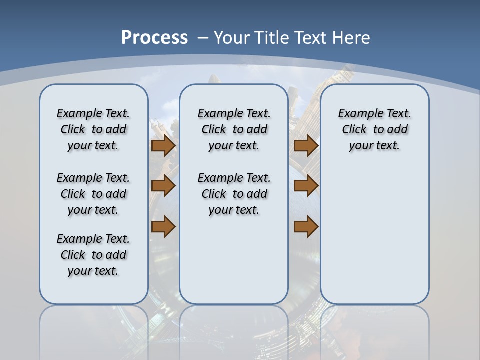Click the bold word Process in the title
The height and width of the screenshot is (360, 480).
click(x=154, y=37)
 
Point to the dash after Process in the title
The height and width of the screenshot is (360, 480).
click(x=203, y=38)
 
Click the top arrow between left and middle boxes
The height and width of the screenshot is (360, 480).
click(x=163, y=146)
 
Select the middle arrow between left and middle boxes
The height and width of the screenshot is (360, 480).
click(x=163, y=186)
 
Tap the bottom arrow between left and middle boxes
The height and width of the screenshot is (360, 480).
click(x=163, y=227)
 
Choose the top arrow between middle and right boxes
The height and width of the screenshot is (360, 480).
click(x=306, y=146)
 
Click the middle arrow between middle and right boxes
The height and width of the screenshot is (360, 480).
click(x=306, y=186)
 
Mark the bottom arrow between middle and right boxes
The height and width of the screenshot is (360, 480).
click(x=306, y=227)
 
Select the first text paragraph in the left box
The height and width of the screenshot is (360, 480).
click(x=93, y=129)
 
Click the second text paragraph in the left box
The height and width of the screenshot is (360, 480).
click(x=93, y=194)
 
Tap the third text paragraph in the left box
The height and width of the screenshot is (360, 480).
click(x=93, y=255)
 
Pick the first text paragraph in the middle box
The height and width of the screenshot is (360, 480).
click(x=234, y=129)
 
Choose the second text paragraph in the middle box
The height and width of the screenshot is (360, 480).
click(x=234, y=194)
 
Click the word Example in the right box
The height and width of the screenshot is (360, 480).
click(x=358, y=114)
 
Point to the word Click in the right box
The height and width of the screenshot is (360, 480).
click(x=354, y=130)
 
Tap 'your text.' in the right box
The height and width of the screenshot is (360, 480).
click(x=374, y=146)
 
